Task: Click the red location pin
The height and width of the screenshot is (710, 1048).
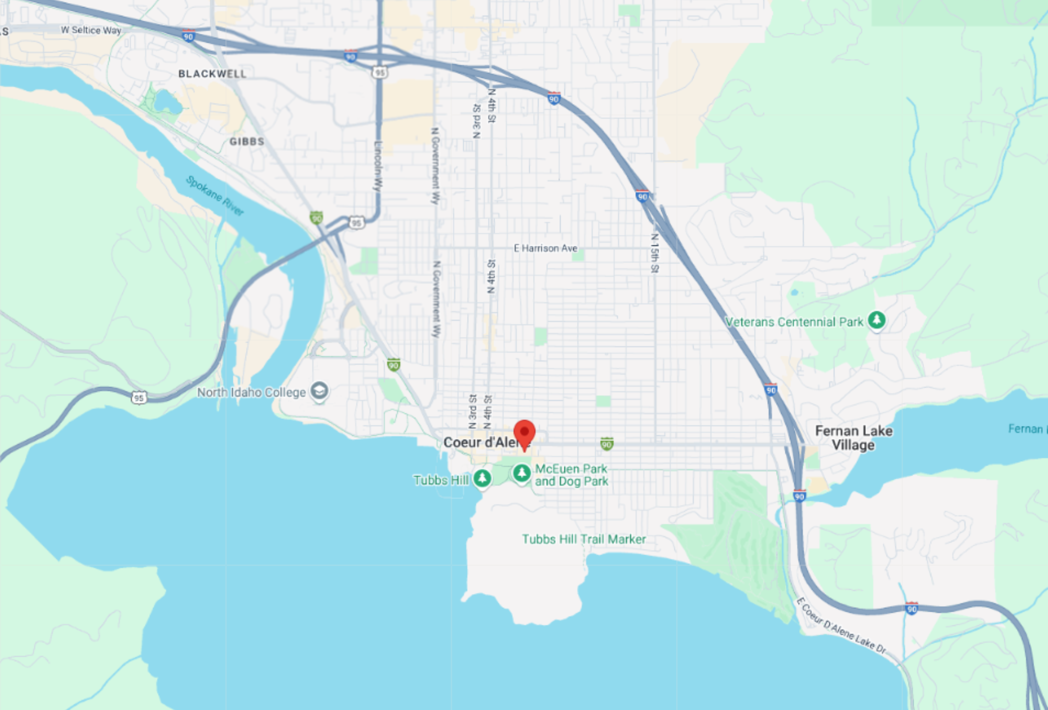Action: tap(524, 433)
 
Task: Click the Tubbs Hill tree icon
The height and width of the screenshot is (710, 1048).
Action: tap(482, 478)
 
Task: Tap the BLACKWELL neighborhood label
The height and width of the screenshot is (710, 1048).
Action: tap(212, 74)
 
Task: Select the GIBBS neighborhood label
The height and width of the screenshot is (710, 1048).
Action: tap(247, 142)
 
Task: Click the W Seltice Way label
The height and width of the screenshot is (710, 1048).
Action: tap(91, 30)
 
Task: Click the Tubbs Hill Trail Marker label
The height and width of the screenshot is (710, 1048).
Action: tap(584, 539)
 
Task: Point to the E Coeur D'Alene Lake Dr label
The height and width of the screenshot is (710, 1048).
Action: tap(841, 626)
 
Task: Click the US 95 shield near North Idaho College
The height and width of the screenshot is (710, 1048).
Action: tap(139, 398)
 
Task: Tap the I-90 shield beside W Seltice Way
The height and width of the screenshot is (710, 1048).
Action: tap(188, 36)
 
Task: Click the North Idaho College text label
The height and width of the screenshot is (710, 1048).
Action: tap(251, 393)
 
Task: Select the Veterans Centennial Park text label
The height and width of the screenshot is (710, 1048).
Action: tap(794, 322)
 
